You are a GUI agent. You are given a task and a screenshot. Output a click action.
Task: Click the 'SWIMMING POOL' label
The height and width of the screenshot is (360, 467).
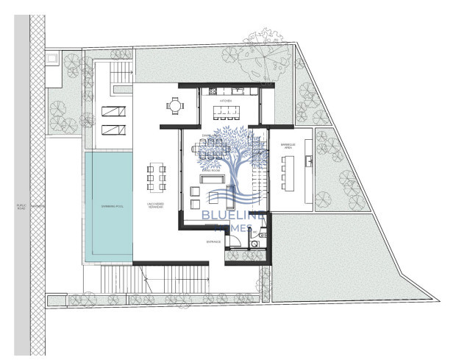[x=109, y=207]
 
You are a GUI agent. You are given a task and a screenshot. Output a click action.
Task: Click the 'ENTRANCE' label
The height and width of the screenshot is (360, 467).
[x=213, y=240]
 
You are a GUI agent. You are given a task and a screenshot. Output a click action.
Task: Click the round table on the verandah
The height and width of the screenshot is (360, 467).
[x=174, y=106]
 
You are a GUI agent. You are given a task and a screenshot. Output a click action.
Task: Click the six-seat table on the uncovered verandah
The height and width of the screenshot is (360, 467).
[x=154, y=177]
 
